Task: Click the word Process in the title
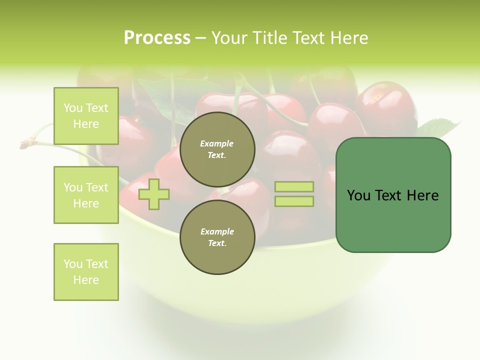[x=157, y=38]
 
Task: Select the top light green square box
[x=86, y=116]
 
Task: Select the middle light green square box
[x=86, y=195]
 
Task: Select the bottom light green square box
[x=86, y=272]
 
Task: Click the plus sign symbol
[x=154, y=193]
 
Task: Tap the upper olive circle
[x=217, y=149]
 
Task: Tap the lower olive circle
[x=217, y=237]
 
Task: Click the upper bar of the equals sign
[x=294, y=187]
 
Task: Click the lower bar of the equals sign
[x=294, y=201]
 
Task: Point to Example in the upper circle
[x=217, y=143]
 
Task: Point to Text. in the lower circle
[x=217, y=243]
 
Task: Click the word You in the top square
[x=72, y=108]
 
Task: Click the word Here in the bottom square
[x=86, y=280]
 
